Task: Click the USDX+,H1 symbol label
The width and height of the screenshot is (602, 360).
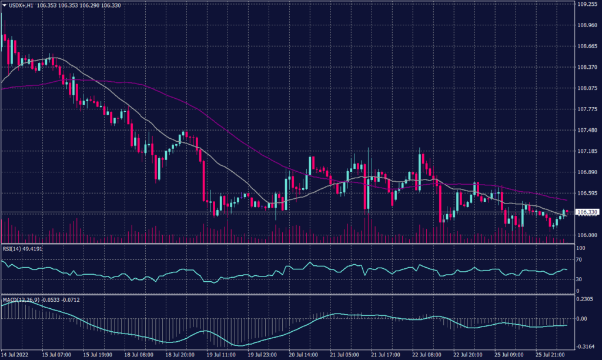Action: [21, 5]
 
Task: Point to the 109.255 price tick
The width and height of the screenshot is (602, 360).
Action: [588, 4]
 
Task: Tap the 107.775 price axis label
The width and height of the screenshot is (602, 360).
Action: [588, 109]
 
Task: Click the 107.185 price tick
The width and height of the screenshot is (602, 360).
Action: [588, 151]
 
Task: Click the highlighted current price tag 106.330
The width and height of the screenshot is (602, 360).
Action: [588, 212]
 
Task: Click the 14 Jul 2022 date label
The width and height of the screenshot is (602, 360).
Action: [15, 355]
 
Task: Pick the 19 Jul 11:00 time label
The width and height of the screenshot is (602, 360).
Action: [220, 355]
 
